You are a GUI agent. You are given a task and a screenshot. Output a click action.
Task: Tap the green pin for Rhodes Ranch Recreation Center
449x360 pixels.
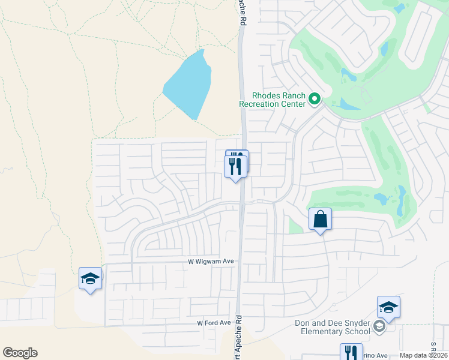pos(315,99)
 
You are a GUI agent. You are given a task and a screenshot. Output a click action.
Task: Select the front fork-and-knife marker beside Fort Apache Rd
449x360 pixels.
pos(235,166)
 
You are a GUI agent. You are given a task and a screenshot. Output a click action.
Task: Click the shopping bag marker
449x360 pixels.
pos(320,220)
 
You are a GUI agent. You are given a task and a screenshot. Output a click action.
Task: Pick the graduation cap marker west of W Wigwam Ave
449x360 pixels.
pos(90,279)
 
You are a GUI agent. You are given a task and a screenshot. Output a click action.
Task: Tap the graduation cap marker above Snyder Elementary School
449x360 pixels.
pos(388,308)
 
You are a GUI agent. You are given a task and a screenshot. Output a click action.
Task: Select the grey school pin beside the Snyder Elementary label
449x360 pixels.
pos(378,326)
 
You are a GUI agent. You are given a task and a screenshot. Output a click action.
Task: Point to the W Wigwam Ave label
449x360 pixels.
pos(210,262)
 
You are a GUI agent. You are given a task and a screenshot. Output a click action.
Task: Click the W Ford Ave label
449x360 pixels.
pos(214,323)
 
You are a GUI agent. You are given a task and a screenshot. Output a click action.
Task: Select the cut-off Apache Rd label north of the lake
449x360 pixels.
pos(243,12)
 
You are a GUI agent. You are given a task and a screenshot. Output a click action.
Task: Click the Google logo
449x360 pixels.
pos(20,353)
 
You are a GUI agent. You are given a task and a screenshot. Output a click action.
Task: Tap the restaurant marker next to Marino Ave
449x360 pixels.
pos(351,353)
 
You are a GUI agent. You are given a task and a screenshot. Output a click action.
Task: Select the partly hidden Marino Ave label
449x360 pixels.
pos(376,356)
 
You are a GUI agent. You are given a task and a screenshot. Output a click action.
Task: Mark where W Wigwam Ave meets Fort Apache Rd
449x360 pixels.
pos(241,262)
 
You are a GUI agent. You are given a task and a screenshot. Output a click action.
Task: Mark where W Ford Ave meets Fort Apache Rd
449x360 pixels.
pos(240,324)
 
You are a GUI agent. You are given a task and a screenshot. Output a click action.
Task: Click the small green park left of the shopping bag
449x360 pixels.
pos(295,226)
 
